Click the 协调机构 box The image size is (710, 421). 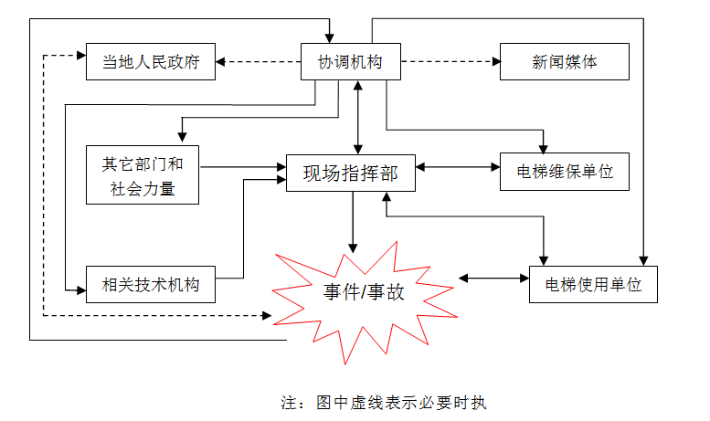point(349,62)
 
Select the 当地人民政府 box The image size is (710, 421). point(150,62)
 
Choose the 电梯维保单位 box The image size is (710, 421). point(565,171)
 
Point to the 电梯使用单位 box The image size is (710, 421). point(593,284)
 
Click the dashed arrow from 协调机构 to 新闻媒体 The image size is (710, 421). point(448,62)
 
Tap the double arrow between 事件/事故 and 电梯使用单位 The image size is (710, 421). point(494,277)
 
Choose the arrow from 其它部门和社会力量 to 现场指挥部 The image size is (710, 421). point(242,167)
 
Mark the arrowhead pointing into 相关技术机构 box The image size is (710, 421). point(80,289)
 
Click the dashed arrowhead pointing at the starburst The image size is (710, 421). point(267,316)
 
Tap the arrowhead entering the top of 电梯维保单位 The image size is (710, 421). point(545,147)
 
